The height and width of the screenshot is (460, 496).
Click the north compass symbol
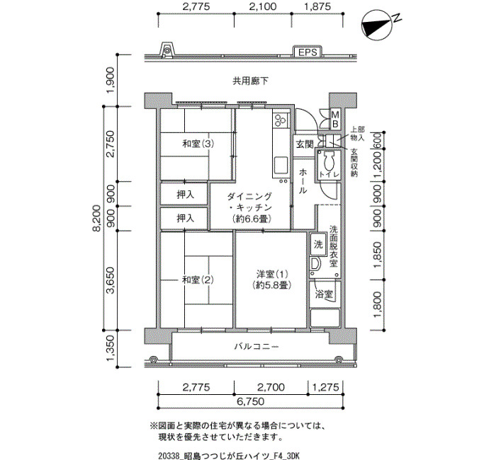378,25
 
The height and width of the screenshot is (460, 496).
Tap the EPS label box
308,52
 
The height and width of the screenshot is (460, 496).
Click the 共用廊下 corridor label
250,81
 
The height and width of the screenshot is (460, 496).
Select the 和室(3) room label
198,144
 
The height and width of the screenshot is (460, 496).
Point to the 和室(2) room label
198,280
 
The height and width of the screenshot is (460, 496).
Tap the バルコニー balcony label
257,347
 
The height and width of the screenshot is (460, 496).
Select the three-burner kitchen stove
281,120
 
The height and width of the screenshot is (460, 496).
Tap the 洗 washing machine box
318,245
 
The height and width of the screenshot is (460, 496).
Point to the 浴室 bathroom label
324,294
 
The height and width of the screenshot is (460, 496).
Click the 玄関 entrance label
305,144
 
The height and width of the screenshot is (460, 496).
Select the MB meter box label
335,118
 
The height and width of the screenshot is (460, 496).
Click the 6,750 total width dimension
250,401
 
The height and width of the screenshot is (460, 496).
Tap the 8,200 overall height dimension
98,218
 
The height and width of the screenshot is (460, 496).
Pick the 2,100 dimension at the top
263,6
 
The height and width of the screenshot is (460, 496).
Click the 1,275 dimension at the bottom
326,387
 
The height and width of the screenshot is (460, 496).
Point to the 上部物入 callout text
357,134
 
